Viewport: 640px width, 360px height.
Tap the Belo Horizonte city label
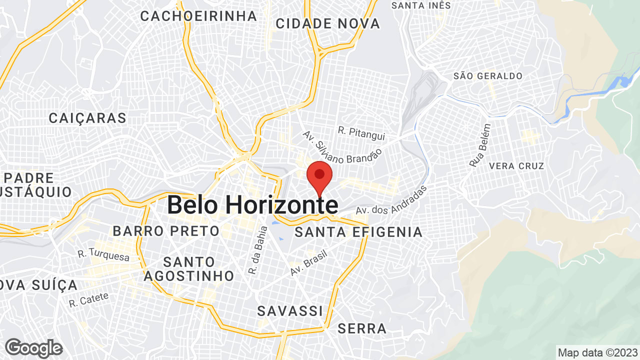[252, 205]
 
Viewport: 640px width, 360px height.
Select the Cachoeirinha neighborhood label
[198, 16]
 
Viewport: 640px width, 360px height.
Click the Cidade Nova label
[327, 23]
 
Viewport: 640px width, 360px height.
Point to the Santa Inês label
[421, 5]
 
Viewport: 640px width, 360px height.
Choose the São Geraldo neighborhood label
[488, 76]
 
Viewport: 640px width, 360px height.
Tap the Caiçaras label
[87, 118]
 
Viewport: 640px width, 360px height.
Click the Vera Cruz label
[516, 165]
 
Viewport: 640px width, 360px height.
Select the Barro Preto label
[166, 231]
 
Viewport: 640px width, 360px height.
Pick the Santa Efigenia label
[358, 232]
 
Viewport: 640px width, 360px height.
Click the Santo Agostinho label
[189, 268]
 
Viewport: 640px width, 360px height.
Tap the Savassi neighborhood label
[290, 311]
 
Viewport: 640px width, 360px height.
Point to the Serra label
[362, 328]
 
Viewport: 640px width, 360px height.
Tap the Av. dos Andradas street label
[392, 201]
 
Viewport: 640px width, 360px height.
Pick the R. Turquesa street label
[103, 255]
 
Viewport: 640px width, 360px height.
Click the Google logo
[33, 348]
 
